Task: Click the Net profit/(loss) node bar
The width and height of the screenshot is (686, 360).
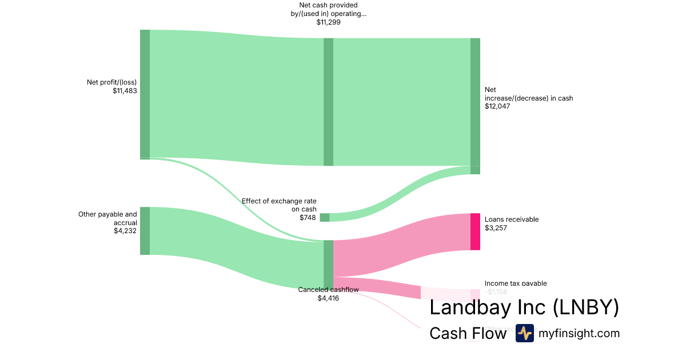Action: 145,94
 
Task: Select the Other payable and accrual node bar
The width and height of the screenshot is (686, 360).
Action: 145,231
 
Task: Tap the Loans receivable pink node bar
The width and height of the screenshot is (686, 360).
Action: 475,231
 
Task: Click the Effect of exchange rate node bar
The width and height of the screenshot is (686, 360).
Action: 324,217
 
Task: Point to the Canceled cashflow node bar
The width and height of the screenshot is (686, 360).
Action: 328,265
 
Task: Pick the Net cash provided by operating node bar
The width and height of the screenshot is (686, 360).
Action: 328,102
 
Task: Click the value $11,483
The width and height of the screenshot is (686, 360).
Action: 125,91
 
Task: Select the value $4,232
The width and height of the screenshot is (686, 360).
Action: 125,231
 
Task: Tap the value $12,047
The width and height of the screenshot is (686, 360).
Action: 497,106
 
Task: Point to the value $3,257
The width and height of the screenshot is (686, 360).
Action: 496,228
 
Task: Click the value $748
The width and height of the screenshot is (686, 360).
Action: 308,218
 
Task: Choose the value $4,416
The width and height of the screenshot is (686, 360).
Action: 328,298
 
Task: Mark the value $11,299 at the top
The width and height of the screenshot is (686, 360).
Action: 328,22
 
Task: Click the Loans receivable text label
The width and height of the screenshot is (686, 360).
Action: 511,219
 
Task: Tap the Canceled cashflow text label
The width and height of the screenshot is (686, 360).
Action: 328,290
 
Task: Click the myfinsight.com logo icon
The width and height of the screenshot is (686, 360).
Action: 524,333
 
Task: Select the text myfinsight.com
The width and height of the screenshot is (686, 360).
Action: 579,333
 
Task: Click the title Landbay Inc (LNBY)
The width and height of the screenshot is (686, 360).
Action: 524,307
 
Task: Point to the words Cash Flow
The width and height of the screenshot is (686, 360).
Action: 468,333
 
